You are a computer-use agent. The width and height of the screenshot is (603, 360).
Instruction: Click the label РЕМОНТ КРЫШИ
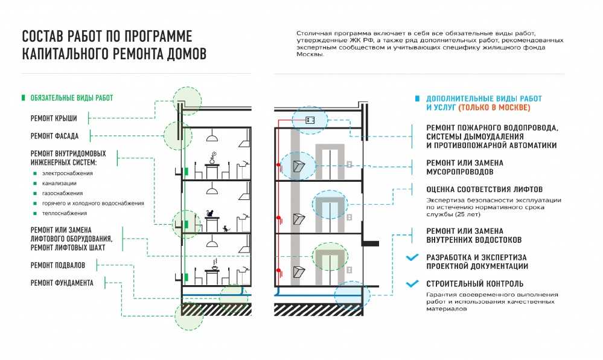tap(54, 118)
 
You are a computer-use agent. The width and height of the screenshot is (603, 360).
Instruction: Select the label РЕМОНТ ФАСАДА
tap(54, 136)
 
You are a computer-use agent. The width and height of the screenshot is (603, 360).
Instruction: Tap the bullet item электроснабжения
tap(67, 173)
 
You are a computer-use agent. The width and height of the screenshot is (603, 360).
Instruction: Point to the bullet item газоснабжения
tap(62, 193)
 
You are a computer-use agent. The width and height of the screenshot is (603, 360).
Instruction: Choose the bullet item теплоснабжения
tap(65, 213)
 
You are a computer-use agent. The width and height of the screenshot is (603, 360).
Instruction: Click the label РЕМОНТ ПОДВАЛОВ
tap(58, 265)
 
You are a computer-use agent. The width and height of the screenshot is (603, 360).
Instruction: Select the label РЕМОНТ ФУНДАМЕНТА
tap(62, 283)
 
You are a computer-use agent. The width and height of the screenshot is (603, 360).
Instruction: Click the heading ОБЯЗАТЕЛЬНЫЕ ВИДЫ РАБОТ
tap(72, 98)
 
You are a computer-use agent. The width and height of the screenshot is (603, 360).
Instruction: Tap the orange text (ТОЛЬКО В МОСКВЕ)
tap(494, 108)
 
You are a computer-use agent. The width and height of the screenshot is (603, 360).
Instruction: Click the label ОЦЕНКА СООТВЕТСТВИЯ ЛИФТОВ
tap(485, 190)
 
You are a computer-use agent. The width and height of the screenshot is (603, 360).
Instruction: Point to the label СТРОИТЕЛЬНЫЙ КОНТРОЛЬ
tap(475, 284)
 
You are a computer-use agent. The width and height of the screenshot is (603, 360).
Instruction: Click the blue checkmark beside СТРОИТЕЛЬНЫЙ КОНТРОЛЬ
tap(412, 284)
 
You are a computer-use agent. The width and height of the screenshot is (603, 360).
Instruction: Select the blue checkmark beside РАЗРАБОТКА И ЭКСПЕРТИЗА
tap(412, 257)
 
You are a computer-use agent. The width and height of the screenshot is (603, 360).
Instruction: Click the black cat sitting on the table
tap(209, 213)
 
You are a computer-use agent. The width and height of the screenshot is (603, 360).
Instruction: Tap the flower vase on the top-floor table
tap(212, 158)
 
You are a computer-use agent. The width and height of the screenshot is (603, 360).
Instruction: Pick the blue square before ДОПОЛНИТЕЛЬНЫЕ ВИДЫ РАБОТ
tap(417, 98)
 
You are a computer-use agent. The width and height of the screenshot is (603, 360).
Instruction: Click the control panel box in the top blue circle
tap(310, 120)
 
